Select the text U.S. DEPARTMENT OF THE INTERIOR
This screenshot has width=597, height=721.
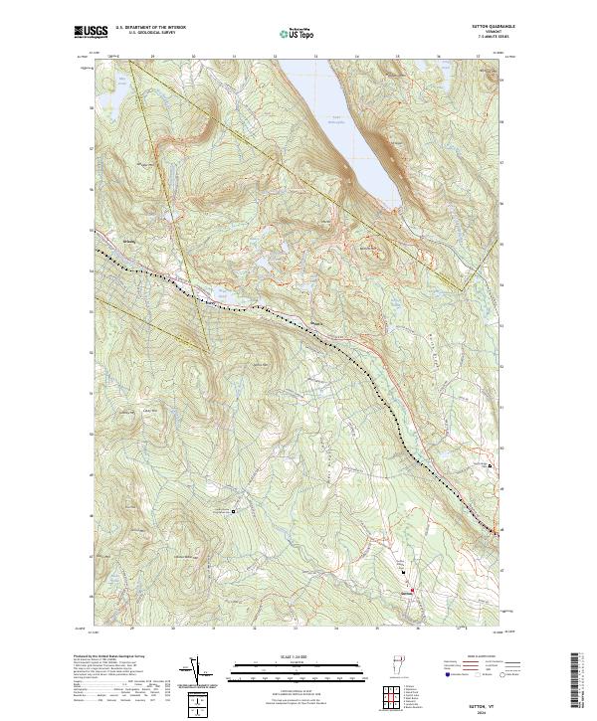pyautogui.click(x=150, y=27)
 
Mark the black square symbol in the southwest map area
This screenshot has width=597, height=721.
pyautogui.click(x=233, y=511)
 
